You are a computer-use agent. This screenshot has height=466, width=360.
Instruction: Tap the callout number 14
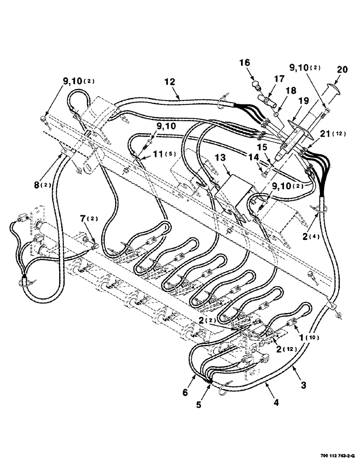pyautogui.click(x=253, y=159)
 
